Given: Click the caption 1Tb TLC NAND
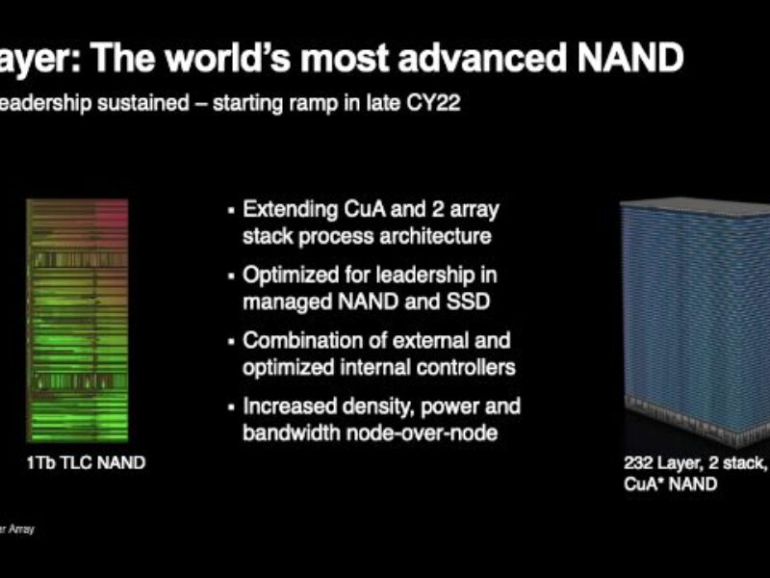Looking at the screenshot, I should pos(86,463).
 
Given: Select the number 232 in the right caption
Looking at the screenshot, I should pos(639,464).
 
